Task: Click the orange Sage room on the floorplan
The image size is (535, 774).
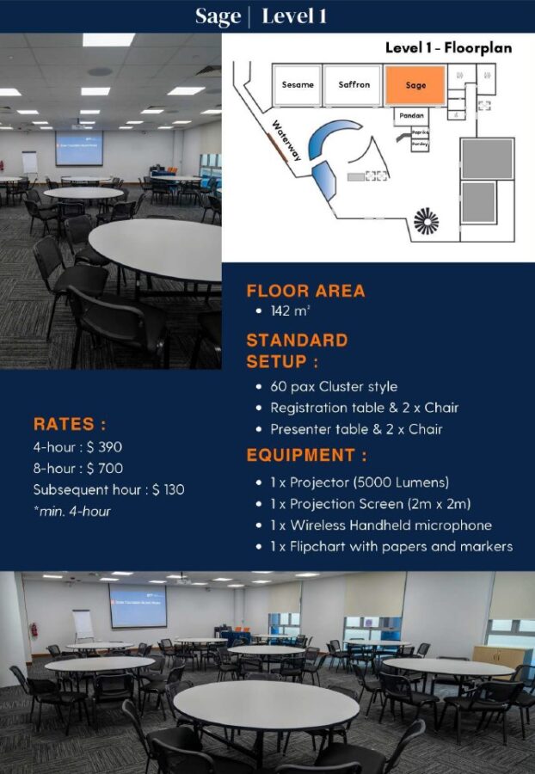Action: pos(415,85)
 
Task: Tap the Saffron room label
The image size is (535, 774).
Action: pos(354,84)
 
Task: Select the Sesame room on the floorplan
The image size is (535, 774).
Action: pos(298,84)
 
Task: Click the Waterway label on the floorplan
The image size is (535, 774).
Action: pos(286,140)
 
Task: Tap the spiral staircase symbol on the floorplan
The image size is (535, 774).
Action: pos(426,221)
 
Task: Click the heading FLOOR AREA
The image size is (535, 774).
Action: pos(305,291)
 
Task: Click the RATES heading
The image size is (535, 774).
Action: pos(70,424)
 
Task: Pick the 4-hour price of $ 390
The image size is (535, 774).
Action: pos(104,447)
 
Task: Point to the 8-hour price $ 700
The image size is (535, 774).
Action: pos(104,469)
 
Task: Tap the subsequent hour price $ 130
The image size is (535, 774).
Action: pos(168,490)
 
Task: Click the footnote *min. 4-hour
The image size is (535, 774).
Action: pos(71,512)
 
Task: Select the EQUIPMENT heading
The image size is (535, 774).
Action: pos(306,455)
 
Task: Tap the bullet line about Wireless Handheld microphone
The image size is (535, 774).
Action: pos(380,525)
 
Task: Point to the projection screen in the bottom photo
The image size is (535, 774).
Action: pos(138,605)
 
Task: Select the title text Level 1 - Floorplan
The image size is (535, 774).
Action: pos(448,48)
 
